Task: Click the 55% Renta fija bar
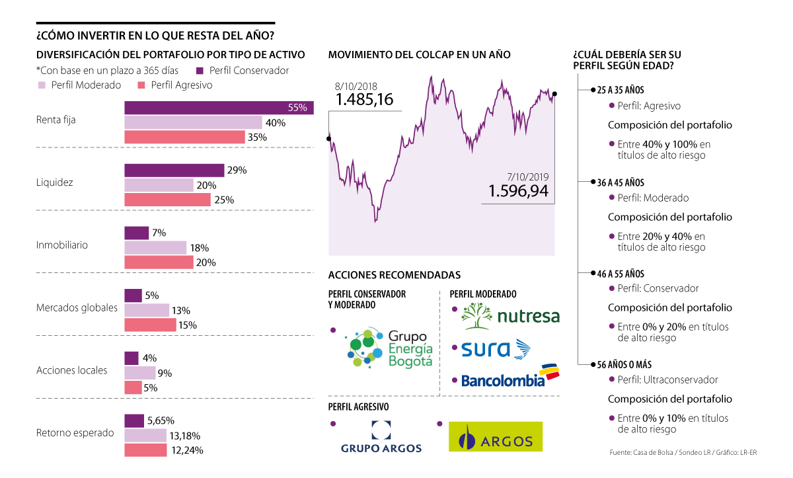tap(218, 108)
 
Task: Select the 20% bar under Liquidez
tap(159, 185)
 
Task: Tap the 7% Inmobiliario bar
tap(137, 233)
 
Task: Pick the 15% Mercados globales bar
tap(150, 325)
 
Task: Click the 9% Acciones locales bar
tap(140, 373)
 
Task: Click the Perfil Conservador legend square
tap(200, 70)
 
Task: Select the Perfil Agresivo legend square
tap(141, 85)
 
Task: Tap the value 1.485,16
tap(364, 100)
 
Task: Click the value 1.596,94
tap(519, 191)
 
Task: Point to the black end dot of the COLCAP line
tap(554, 94)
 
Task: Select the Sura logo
tap(497, 348)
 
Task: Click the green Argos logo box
tap(495, 436)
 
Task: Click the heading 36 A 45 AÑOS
tap(621, 182)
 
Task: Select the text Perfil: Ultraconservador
tap(667, 379)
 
